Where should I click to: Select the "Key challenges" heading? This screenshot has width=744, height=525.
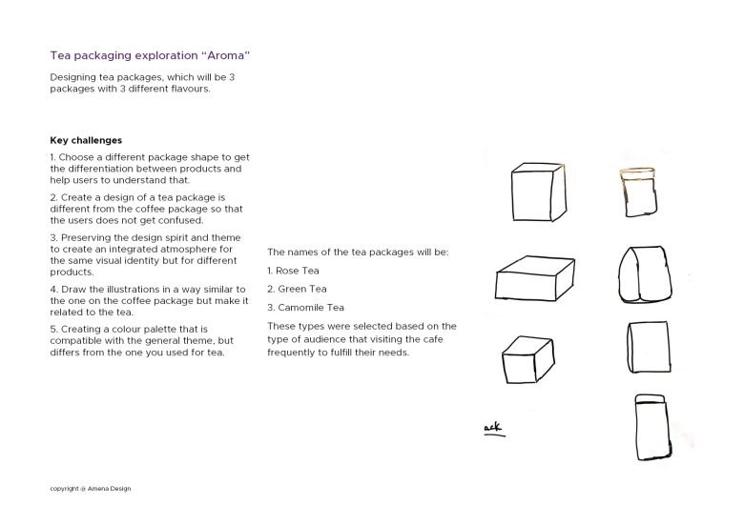(x=86, y=140)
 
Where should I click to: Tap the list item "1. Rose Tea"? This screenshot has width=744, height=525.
(x=294, y=271)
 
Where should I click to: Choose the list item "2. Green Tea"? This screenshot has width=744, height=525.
(x=297, y=289)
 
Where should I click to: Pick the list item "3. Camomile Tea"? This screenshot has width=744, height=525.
(x=305, y=308)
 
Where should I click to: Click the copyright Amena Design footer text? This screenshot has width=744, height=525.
(x=91, y=489)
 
